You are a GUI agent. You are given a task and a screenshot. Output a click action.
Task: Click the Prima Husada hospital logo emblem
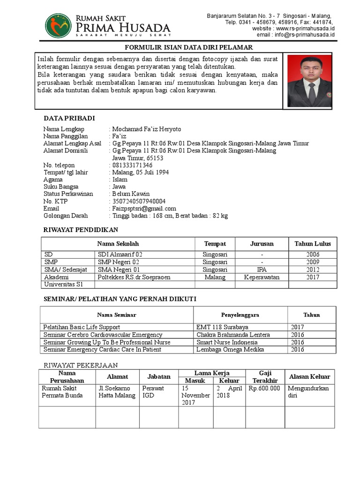[58, 26]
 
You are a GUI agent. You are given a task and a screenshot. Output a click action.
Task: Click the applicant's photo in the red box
[309, 81]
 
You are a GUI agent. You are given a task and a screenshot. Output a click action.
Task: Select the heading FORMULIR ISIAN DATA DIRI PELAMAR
[188, 47]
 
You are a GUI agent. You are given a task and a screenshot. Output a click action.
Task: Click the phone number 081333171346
[132, 165]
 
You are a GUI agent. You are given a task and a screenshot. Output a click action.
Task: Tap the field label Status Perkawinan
[68, 194]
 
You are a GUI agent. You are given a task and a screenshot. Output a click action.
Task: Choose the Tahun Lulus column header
[312, 244]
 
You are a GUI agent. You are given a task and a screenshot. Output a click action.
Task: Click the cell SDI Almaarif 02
[120, 255]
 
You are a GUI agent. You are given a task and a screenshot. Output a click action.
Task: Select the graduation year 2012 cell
[312, 270]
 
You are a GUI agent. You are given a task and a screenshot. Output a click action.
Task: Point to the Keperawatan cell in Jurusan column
[262, 277]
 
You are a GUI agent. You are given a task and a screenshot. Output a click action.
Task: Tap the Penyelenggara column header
[240, 315]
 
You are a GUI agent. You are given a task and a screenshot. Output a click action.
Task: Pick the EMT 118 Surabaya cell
[222, 327]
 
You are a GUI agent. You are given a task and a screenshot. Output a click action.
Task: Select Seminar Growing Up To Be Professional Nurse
[107, 342]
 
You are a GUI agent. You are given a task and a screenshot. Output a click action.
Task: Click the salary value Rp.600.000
[264, 389]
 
